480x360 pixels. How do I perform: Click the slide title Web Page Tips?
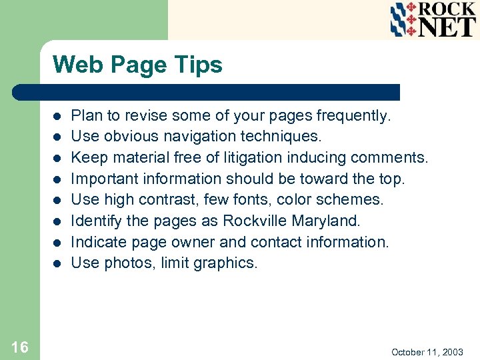tap(137, 65)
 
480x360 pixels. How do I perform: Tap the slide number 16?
tap(20, 347)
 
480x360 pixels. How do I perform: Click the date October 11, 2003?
tap(427, 351)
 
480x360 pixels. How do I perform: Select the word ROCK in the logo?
tap(445, 9)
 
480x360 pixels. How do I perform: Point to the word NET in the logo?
tap(445, 27)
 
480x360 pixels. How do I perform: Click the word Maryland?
tap(327, 221)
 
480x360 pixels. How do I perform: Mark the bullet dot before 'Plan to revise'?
tap(58, 117)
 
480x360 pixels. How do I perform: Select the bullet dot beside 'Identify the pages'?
tap(58, 221)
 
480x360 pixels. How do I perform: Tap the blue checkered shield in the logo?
tap(402, 19)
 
